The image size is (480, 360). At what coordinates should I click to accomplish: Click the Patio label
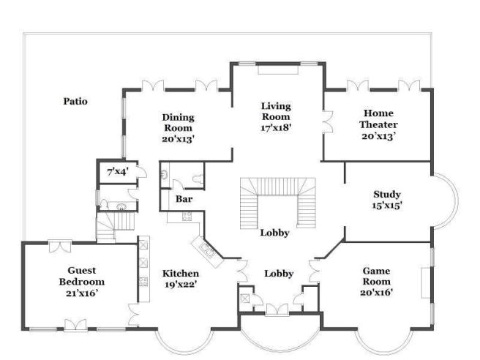pyautogui.click(x=75, y=101)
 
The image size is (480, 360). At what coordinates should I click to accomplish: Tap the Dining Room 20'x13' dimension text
pyautogui.click(x=178, y=139)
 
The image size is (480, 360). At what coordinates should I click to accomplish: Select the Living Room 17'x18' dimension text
pyautogui.click(x=276, y=127)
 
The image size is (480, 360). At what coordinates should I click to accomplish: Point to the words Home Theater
pyautogui.click(x=378, y=119)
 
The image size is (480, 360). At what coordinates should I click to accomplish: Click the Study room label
pyautogui.click(x=387, y=194)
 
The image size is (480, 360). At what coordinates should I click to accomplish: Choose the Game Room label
pyautogui.click(x=376, y=276)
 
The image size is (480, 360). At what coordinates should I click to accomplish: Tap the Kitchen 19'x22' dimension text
pyautogui.click(x=181, y=285)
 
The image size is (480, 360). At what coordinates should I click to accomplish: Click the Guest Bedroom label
pyautogui.click(x=82, y=276)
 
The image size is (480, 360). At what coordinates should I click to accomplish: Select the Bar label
pyautogui.click(x=184, y=199)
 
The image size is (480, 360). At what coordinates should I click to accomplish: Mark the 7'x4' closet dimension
pyautogui.click(x=117, y=172)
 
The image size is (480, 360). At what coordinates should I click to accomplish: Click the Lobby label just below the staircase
pyautogui.click(x=274, y=233)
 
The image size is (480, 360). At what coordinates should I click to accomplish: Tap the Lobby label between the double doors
pyautogui.click(x=279, y=274)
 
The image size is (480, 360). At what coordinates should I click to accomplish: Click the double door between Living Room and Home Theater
pyautogui.click(x=328, y=121)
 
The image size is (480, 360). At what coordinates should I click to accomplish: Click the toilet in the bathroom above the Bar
pyautogui.click(x=198, y=179)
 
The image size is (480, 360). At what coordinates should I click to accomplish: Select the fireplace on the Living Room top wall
pyautogui.click(x=278, y=70)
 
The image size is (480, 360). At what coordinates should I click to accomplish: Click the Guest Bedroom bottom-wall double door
pyautogui.click(x=75, y=325)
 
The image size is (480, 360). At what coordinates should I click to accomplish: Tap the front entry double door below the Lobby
pyautogui.click(x=277, y=310)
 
